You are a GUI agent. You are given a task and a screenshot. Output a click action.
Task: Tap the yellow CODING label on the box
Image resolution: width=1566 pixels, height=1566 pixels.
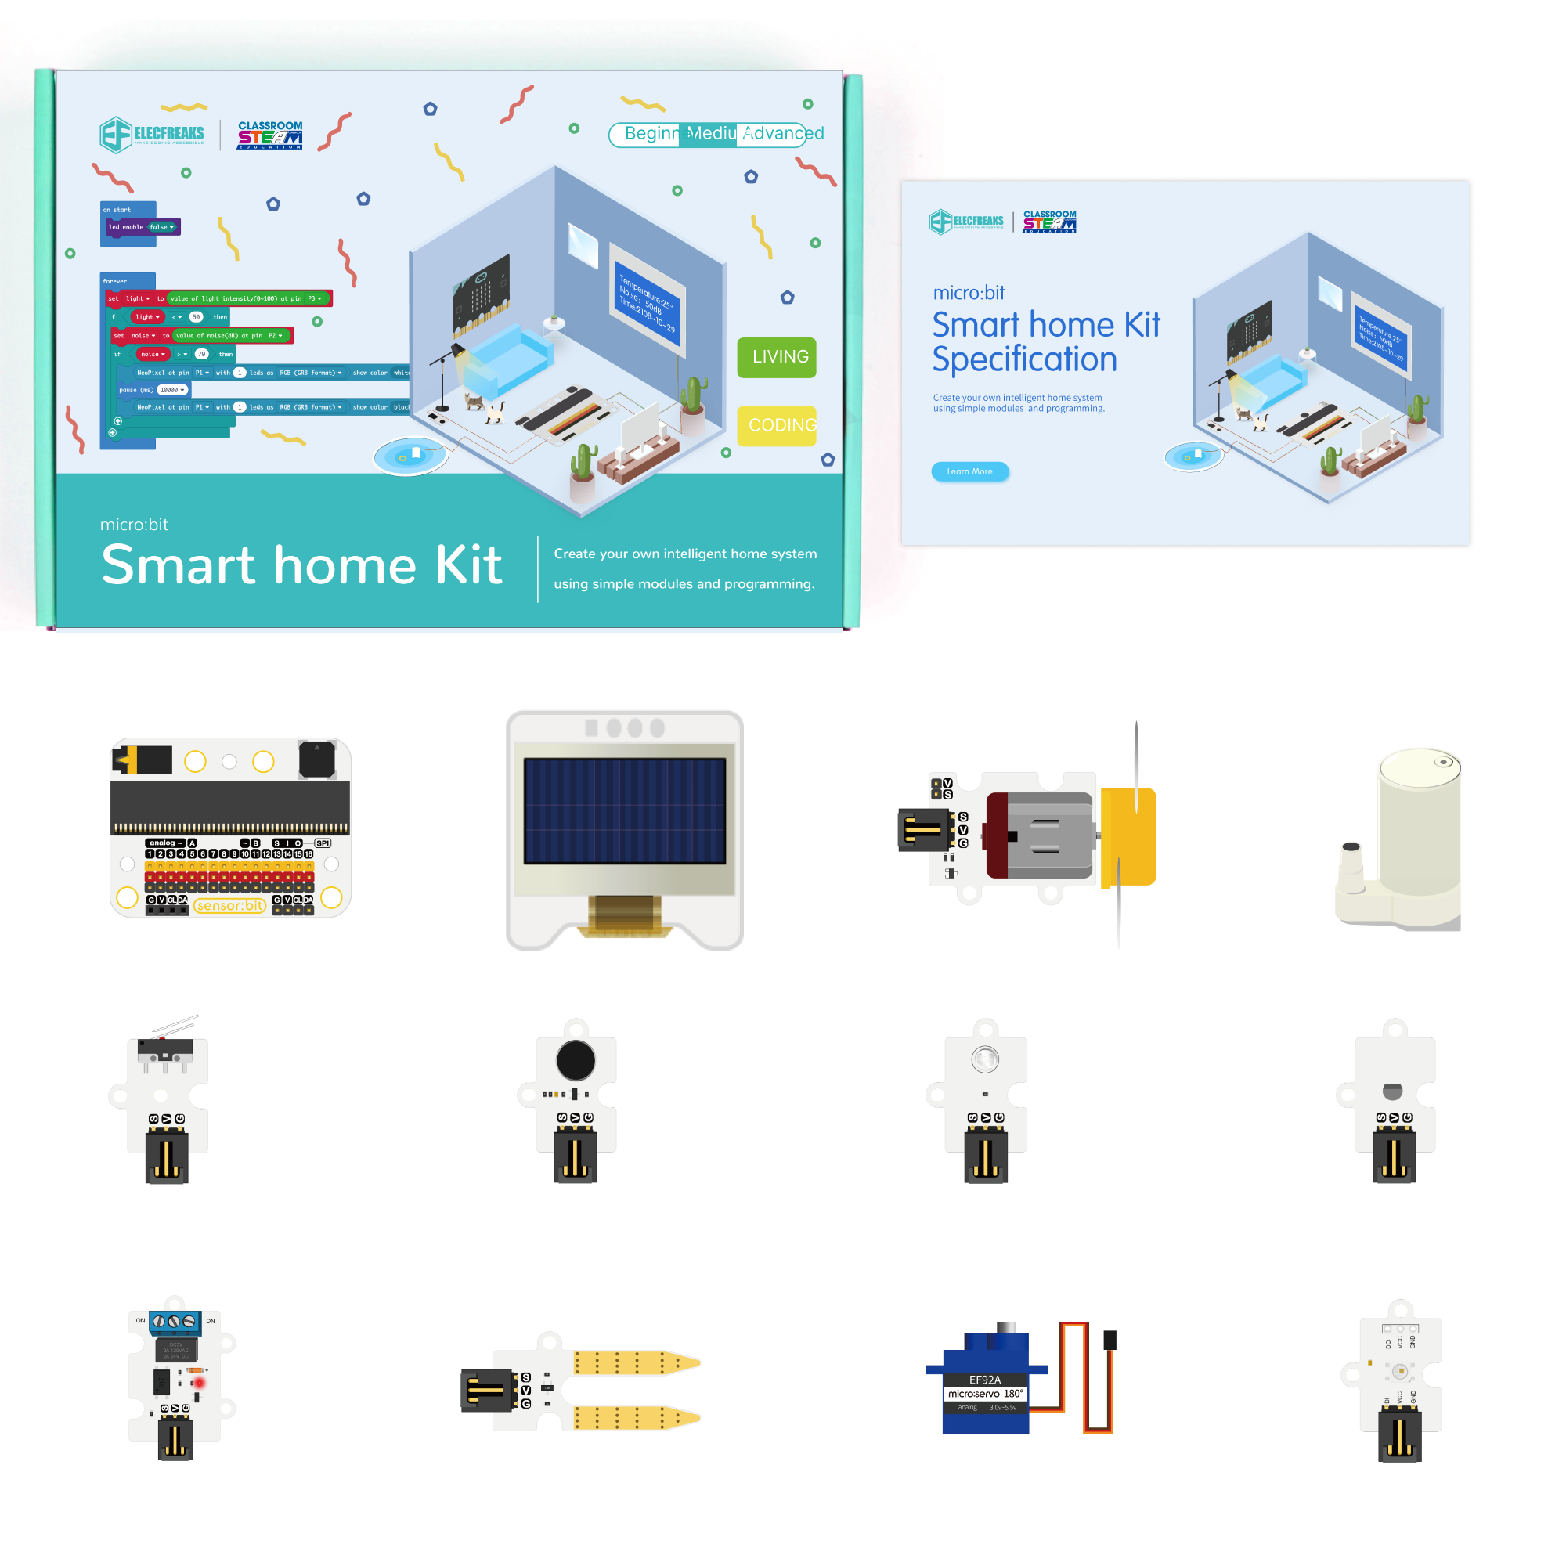click(776, 425)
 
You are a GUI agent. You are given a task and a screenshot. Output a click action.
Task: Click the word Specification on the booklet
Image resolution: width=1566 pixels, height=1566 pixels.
click(1023, 359)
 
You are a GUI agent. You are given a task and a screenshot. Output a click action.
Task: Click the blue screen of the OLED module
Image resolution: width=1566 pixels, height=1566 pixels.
click(624, 810)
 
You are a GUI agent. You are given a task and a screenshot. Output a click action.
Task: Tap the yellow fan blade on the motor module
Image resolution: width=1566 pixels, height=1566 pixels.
click(1128, 835)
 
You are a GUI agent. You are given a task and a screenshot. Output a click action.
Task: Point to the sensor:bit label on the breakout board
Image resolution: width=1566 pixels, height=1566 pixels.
click(230, 905)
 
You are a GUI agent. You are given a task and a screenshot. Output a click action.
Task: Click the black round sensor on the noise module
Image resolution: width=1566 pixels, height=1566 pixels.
click(576, 1060)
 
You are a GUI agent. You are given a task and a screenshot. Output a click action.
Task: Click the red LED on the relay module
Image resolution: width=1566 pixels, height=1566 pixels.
click(199, 1383)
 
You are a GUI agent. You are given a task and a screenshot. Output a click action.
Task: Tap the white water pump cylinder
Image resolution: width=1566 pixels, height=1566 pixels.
click(1419, 819)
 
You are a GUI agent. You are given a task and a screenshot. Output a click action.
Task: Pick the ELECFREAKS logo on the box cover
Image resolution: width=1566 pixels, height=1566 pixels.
click(153, 134)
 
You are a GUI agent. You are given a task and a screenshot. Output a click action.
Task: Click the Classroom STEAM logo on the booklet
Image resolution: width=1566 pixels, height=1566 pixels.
click(1050, 222)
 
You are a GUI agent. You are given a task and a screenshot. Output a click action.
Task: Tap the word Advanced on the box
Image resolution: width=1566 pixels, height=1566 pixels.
click(782, 133)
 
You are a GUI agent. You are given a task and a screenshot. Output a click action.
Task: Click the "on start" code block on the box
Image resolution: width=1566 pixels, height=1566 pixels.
click(128, 210)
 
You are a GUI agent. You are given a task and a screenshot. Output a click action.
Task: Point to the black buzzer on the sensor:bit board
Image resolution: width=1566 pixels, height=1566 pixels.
click(316, 760)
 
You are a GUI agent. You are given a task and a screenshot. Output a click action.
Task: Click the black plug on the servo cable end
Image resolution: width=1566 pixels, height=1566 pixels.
click(1110, 1340)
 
